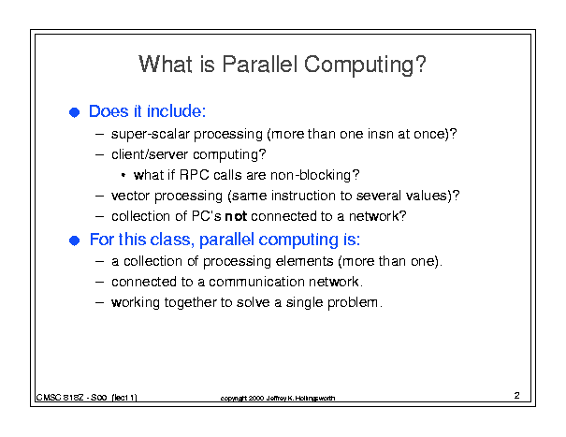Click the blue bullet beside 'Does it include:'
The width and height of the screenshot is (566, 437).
[x=74, y=112]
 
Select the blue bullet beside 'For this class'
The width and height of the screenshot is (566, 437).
[x=74, y=240]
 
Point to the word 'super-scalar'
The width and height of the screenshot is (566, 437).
[x=151, y=135]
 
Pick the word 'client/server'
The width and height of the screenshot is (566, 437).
[x=150, y=154]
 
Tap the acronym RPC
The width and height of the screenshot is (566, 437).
[x=195, y=175]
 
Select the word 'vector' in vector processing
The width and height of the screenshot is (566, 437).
[x=130, y=197]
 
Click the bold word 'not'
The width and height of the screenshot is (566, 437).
[x=236, y=216]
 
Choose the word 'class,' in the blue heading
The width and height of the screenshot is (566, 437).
[x=172, y=240]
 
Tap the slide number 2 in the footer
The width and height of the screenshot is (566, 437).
[x=517, y=396]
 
